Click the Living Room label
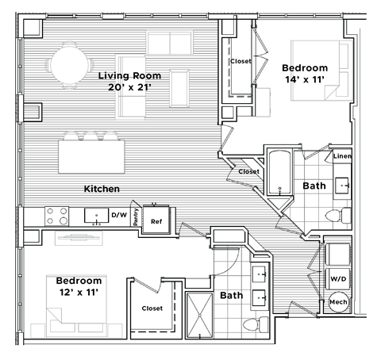[x=129, y=76]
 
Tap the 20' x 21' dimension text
[x=129, y=89]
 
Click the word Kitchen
[x=102, y=189]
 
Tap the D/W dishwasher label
[x=119, y=215]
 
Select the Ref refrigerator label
[x=156, y=221]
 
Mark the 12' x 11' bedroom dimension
[x=79, y=293]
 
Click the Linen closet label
[x=343, y=156]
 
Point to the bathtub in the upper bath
[x=279, y=174]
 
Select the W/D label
[x=337, y=278]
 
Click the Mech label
[x=338, y=303]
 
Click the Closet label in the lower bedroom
[x=152, y=308]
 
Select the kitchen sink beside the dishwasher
[x=97, y=215]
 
